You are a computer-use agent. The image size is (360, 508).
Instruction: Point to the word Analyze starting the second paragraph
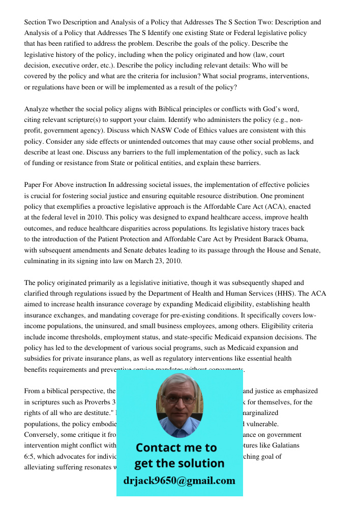coord(37,109)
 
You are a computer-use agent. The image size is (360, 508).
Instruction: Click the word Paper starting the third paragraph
coord(33,185)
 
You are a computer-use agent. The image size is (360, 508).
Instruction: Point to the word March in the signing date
coord(144,261)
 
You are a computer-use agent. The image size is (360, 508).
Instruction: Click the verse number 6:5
coord(29,457)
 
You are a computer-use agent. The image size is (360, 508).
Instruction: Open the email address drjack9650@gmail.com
coord(179,481)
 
